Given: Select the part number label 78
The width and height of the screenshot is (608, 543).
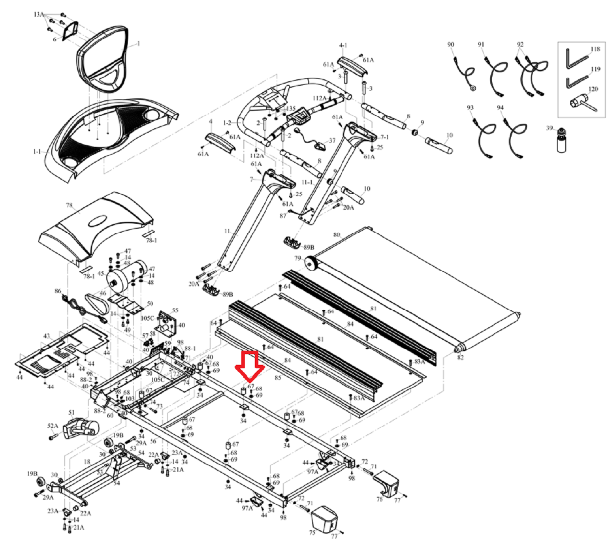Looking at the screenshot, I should (x=69, y=205).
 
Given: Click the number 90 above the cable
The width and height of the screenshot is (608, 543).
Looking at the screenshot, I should (x=451, y=45).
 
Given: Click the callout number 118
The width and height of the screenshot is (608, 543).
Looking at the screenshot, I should (x=595, y=49).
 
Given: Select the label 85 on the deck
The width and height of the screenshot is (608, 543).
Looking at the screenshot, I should (x=278, y=378).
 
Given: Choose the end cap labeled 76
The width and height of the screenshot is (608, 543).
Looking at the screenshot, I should (x=387, y=484).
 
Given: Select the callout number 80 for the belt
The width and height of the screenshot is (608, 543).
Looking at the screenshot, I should (x=336, y=235).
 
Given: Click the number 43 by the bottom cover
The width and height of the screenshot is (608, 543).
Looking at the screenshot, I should (x=46, y=336).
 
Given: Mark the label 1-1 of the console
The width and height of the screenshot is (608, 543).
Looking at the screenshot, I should (x=38, y=152).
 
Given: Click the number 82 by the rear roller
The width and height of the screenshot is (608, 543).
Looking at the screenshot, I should (x=460, y=357).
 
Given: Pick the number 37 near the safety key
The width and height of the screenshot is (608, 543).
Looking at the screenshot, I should (x=332, y=141).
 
